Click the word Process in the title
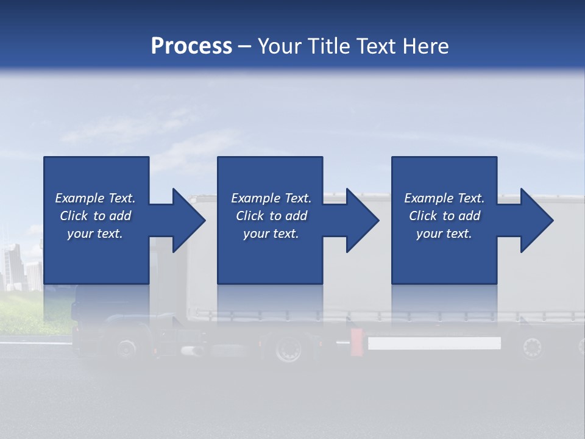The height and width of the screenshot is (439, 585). click(x=191, y=46)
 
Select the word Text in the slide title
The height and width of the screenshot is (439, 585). click(x=375, y=46)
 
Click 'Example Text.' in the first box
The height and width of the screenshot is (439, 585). click(x=95, y=198)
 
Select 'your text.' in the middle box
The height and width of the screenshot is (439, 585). click(x=271, y=234)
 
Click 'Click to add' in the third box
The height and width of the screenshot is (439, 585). click(x=444, y=216)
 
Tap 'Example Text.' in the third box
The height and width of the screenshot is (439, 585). click(x=444, y=198)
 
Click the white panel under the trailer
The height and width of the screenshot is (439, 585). click(x=434, y=343)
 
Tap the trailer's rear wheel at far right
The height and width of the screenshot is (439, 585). click(x=532, y=348)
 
